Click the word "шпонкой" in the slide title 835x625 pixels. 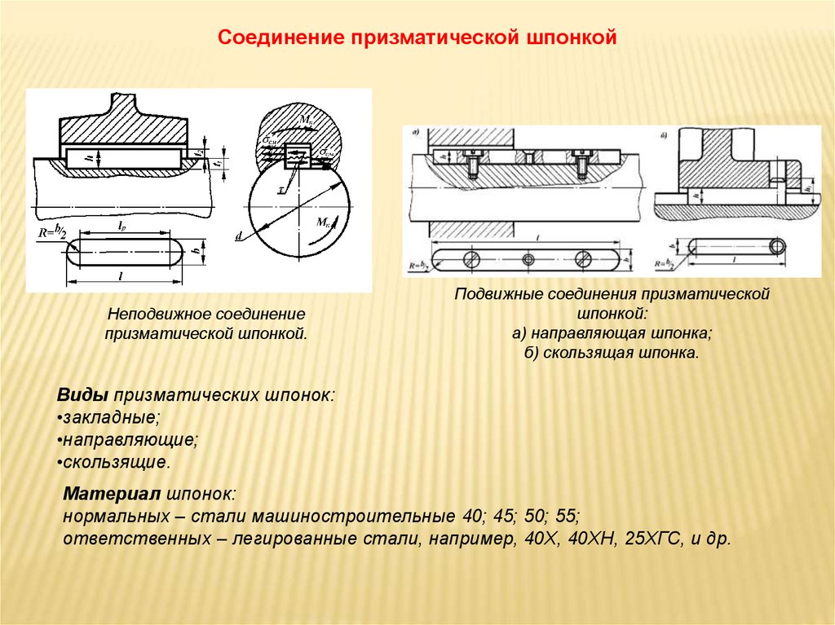571,38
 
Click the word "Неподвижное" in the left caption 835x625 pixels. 156,314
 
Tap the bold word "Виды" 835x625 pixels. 83,394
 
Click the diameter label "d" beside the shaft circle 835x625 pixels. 238,236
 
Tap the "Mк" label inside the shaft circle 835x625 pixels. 320,222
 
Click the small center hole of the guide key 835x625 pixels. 528,258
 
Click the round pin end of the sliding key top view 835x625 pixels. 779,244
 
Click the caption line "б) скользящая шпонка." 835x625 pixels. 612,354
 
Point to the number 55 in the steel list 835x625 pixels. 568,516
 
